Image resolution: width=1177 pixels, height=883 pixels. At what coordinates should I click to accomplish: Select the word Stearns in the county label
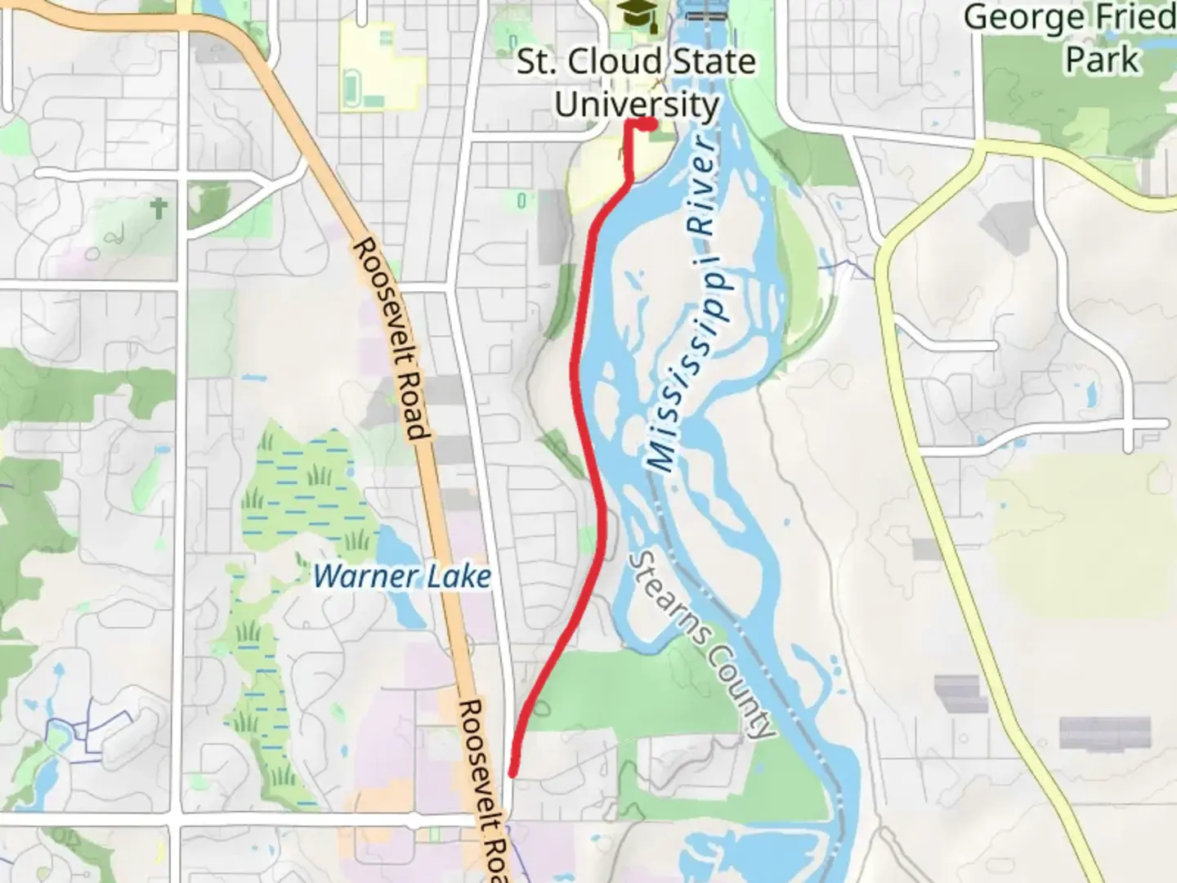[661, 596]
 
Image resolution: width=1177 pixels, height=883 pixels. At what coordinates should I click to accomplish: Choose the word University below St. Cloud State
[637, 105]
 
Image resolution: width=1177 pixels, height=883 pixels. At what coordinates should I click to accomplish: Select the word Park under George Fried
[1102, 60]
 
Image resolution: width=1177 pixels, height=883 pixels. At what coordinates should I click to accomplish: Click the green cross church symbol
[159, 208]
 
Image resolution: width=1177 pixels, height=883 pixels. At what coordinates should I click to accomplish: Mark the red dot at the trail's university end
[648, 123]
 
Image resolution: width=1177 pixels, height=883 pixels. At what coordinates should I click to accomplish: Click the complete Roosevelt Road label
[392, 338]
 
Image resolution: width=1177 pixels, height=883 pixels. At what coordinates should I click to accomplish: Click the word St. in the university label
[535, 61]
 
